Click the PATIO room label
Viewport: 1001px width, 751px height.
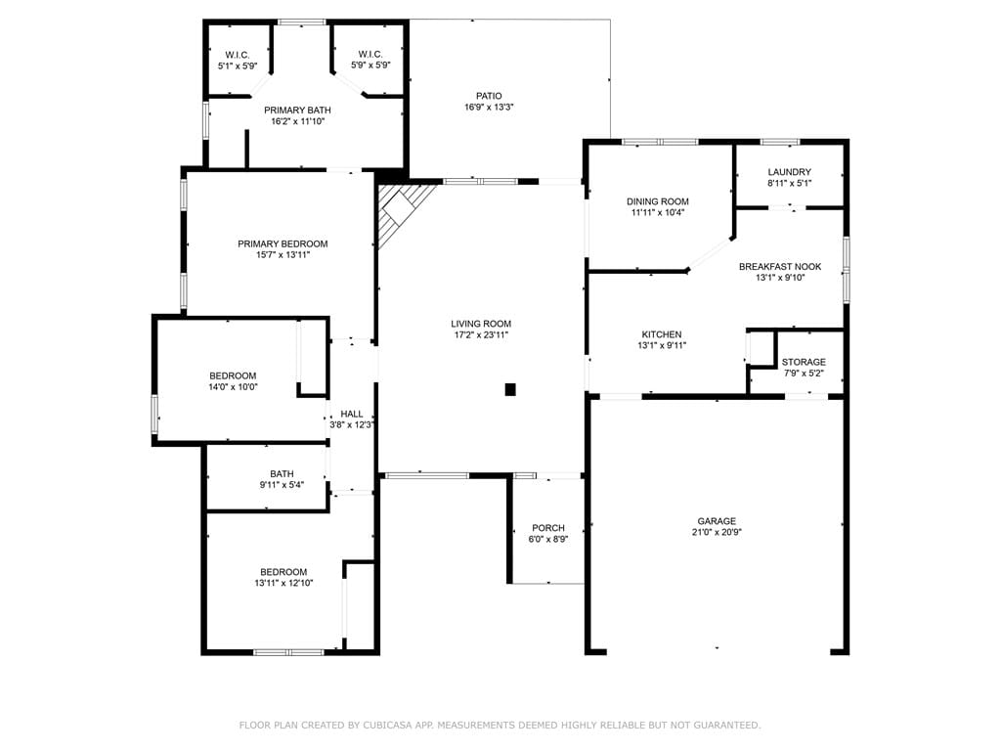(x=489, y=96)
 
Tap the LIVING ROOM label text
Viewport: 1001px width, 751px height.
(x=481, y=324)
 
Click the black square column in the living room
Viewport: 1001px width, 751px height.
(x=510, y=389)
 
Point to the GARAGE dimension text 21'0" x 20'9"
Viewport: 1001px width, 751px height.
(x=717, y=532)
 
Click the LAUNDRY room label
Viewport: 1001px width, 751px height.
(x=789, y=172)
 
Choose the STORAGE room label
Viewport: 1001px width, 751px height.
(x=804, y=362)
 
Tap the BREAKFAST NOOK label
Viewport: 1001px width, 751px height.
(x=780, y=266)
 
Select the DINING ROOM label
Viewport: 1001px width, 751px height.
(x=658, y=201)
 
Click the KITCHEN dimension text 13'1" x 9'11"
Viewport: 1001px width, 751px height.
(x=662, y=345)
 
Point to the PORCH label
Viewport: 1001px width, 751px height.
(x=548, y=528)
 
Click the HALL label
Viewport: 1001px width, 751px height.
(x=352, y=414)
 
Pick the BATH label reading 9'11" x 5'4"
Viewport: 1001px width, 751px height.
(x=282, y=474)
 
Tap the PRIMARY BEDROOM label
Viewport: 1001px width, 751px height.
(x=283, y=243)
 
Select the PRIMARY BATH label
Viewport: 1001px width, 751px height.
(x=297, y=110)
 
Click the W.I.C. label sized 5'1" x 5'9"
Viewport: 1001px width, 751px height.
(x=238, y=55)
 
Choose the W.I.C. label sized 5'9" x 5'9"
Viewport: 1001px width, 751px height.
(x=370, y=55)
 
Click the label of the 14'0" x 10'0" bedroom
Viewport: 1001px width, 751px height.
(x=233, y=376)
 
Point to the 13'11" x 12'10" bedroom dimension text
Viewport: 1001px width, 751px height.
(x=283, y=583)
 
